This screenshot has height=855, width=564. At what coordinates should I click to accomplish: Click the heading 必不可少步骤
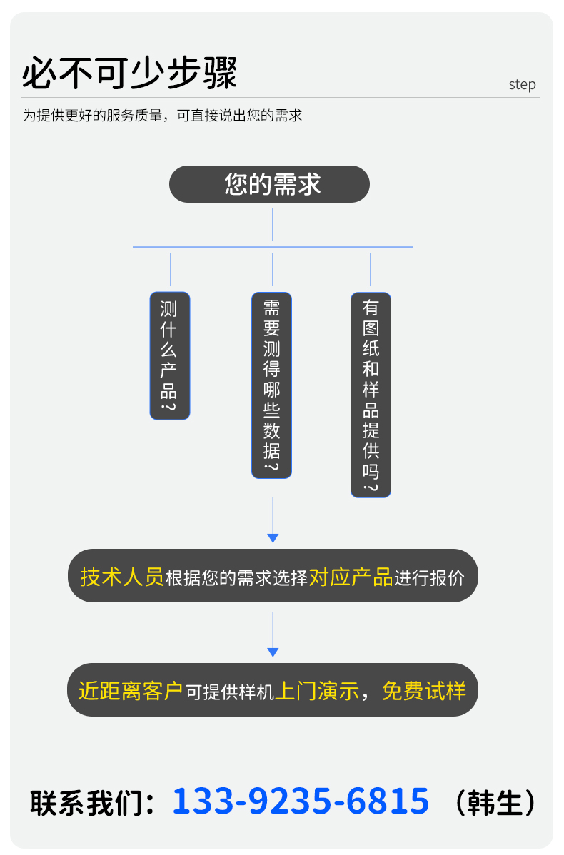point(129,73)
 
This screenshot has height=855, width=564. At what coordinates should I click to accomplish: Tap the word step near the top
point(522,84)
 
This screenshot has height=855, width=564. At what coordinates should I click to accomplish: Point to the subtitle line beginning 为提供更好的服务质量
point(162,116)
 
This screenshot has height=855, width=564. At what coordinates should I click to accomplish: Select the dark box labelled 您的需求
point(269,184)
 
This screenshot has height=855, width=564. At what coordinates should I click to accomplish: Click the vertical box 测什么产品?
point(170,355)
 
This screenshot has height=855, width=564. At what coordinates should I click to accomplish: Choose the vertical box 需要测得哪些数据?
point(271,385)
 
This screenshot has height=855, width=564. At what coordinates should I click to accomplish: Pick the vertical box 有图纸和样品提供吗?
point(371,395)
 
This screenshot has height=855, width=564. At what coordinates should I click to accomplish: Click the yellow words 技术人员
point(122,577)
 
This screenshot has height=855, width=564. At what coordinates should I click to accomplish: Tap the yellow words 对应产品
point(351,577)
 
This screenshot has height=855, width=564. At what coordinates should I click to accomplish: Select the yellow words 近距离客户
point(131,691)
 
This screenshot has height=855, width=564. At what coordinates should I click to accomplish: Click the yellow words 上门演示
point(317,691)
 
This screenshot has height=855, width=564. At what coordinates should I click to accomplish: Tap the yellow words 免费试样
point(424,691)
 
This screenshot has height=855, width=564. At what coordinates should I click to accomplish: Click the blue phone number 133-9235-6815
point(301,801)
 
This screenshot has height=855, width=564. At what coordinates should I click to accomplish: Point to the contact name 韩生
point(495,803)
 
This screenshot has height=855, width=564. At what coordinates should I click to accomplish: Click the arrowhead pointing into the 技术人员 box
point(273,538)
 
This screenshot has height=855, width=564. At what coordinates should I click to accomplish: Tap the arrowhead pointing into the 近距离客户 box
point(273,652)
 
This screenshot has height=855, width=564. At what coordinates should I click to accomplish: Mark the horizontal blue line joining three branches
point(273,247)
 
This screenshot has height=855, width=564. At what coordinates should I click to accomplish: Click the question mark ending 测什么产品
point(169,407)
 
